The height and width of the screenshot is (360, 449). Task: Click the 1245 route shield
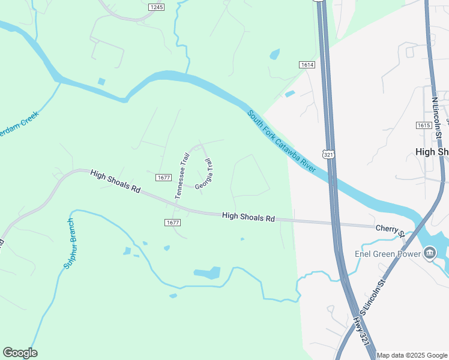pos(156,7)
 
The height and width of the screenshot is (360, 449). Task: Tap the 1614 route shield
pos(306,64)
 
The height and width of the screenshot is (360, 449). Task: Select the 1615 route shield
pos(423,125)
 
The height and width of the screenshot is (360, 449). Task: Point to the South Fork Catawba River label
pos(281,140)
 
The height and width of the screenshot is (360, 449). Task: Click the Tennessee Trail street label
pos(182,175)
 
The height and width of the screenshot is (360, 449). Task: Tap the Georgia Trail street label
pos(205,175)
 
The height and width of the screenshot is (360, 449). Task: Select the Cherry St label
pos(388,228)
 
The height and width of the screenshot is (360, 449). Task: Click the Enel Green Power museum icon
pos(429,254)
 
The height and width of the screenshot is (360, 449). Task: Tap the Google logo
pos(20,353)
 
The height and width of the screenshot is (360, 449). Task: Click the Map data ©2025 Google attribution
pos(412,355)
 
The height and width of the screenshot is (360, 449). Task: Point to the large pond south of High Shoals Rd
pos(207,274)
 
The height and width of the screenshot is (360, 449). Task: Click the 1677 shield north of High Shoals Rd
pos(163,177)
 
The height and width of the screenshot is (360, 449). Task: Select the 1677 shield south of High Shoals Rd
pos(172,222)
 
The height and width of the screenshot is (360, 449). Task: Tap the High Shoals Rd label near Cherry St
pos(248,217)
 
